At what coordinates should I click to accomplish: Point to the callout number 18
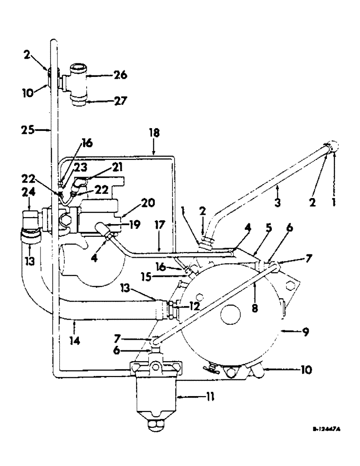click(154, 133)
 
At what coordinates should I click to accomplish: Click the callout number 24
click(29, 203)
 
